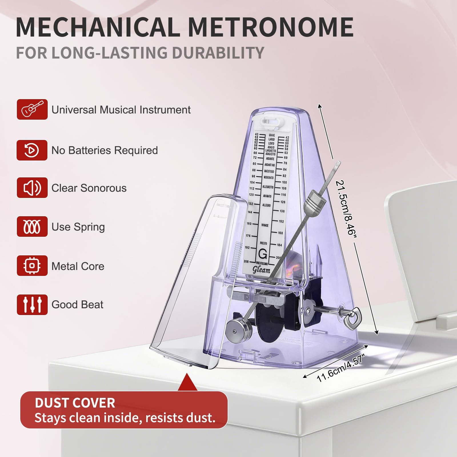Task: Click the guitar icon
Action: coord(32,109)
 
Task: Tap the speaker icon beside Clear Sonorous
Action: coord(32,188)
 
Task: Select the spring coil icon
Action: coord(32,227)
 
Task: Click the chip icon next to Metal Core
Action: coord(32,266)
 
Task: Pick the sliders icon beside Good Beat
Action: coord(32,305)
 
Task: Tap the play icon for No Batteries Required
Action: coord(32,150)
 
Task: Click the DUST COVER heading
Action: coord(75,403)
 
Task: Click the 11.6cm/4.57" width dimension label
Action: coord(340,368)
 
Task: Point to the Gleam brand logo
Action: coord(261,270)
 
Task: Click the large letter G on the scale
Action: coord(262,254)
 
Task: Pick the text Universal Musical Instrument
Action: coord(121,110)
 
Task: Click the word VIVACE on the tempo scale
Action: coord(265,225)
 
